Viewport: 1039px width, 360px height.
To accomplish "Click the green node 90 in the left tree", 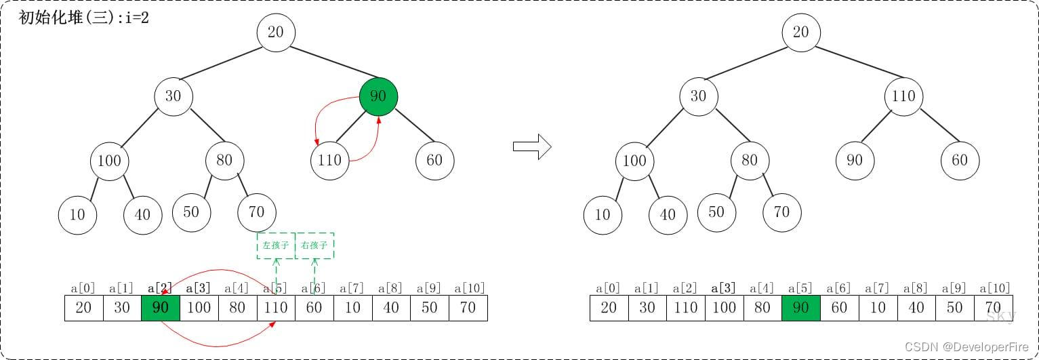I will pos(378,96).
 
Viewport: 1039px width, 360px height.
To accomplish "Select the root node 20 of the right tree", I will pos(800,33).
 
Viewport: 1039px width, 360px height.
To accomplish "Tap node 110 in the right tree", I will pos(903,96).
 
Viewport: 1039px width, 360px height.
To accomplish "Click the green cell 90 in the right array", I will pos(800,308).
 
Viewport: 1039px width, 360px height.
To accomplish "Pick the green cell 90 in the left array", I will pos(161,308).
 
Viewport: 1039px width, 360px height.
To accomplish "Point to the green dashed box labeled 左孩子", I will pos(276,245).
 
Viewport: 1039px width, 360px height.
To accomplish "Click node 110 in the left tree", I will pos(329,161).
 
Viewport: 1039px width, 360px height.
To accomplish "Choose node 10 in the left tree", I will pos(77,214).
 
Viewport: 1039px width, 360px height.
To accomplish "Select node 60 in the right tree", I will pos(959,161).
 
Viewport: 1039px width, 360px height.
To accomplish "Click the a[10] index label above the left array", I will pos(468,288).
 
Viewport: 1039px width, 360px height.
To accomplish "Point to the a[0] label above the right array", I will pos(609,288).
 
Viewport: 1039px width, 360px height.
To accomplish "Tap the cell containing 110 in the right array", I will pos(685,308).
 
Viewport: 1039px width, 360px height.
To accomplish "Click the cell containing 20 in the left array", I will pos(83,308).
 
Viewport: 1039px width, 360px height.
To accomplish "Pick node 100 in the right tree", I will pos(634,161).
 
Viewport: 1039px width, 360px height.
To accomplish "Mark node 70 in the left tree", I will pos(256,212).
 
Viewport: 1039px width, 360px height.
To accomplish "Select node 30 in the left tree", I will pos(173,96).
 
